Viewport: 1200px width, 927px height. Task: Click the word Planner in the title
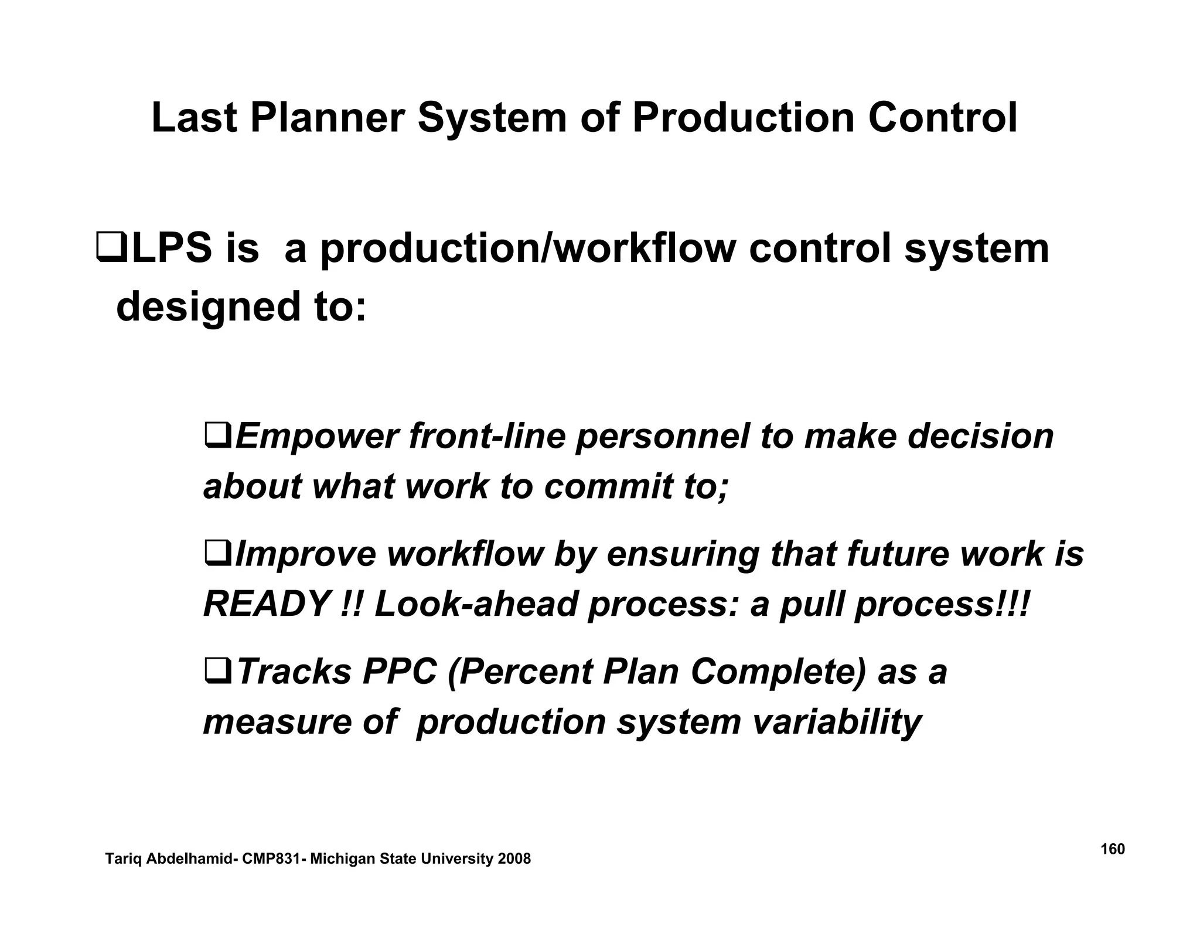[x=327, y=118]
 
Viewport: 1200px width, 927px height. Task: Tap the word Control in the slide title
[x=942, y=118]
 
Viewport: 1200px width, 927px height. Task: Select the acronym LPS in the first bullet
[x=172, y=248]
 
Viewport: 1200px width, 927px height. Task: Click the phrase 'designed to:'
[x=241, y=307]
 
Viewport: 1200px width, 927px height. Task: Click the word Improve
[x=305, y=554]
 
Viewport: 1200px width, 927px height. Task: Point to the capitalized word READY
[x=266, y=604]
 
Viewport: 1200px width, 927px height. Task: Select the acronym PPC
[x=400, y=672]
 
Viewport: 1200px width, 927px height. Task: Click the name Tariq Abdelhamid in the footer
[x=168, y=859]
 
